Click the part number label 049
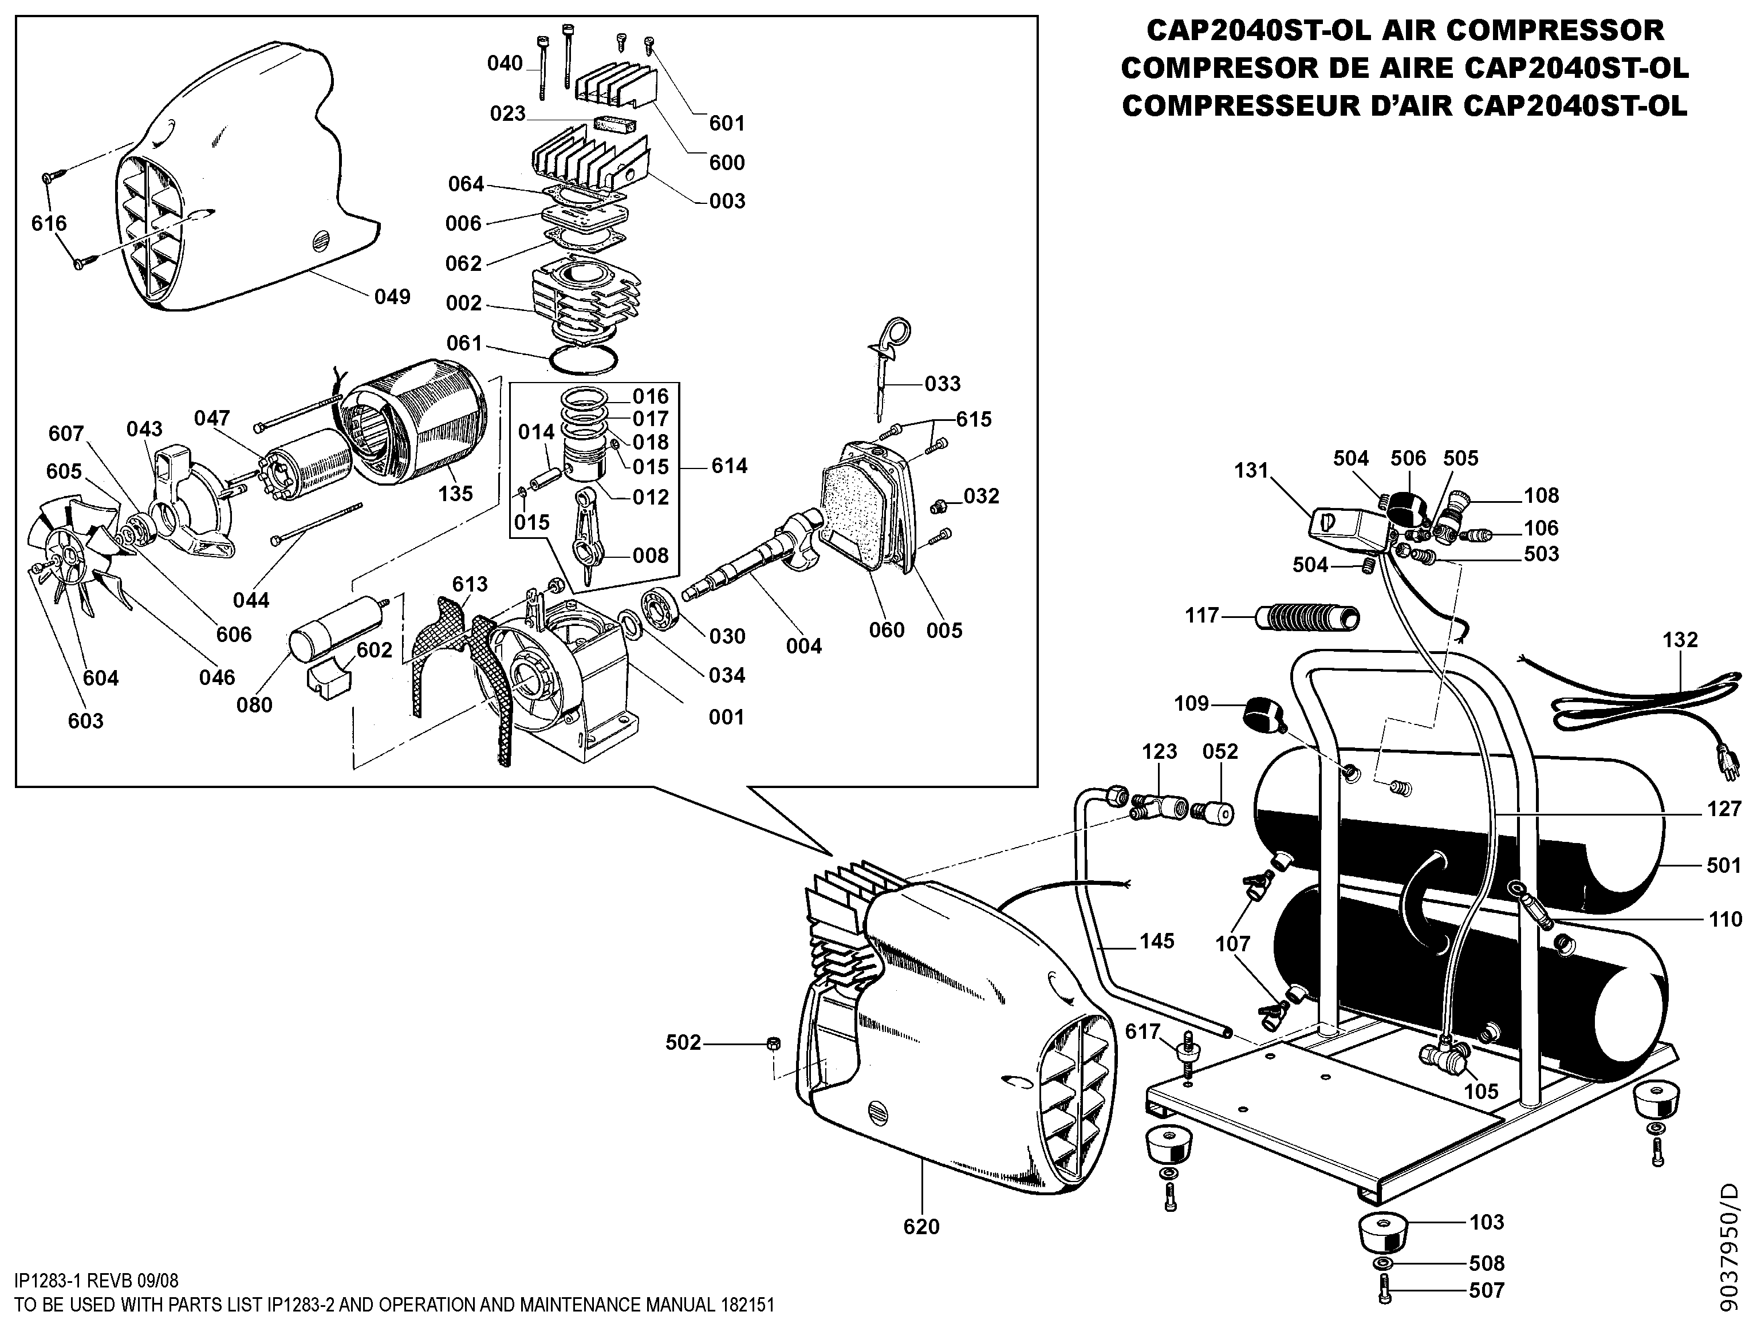tap(392, 297)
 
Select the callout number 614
tap(729, 466)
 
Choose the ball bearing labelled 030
tap(660, 612)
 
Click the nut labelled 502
tap(773, 1043)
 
